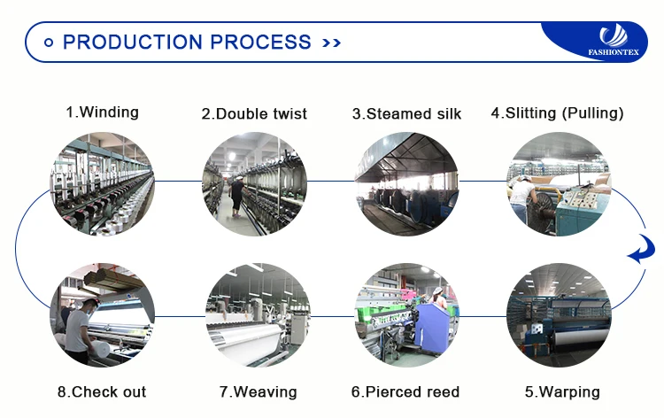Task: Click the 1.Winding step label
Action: coord(103,112)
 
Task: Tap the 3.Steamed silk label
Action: coord(406,113)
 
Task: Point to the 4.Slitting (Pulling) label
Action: coord(558,113)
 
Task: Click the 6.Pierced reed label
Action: coord(406,391)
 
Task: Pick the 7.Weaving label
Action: coord(257,391)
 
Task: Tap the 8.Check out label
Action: coord(102,391)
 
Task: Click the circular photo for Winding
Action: coord(103,184)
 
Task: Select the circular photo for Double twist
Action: coord(255,184)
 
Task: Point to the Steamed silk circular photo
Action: coord(406,184)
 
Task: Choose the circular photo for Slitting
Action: coord(559,184)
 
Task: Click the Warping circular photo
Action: coord(559,315)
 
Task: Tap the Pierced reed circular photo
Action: coord(406,315)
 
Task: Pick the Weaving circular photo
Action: coord(258,315)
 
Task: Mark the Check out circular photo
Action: coord(103,315)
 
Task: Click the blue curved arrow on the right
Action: coord(639,253)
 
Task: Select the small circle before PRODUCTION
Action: coord(49,42)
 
